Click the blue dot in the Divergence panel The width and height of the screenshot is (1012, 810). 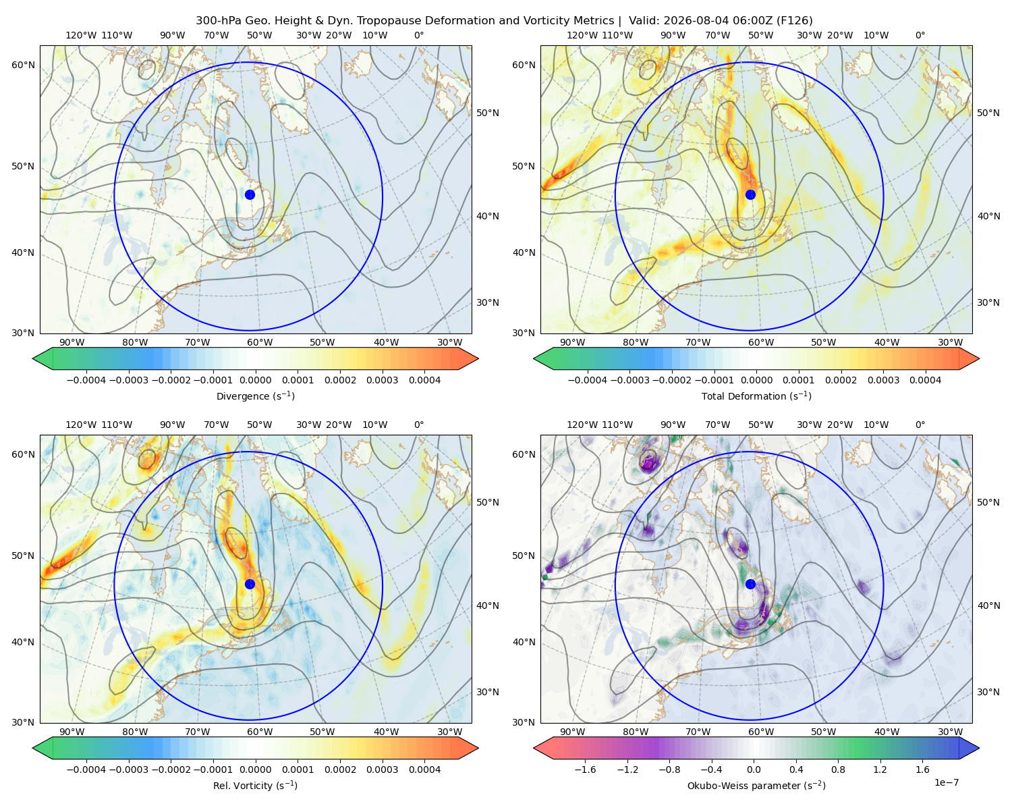coord(250,194)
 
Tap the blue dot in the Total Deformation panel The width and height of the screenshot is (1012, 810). coord(750,194)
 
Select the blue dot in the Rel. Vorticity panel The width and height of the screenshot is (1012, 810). coord(250,584)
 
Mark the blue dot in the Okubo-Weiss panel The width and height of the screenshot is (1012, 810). coord(750,584)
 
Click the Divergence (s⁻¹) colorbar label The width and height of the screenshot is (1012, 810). coord(255,396)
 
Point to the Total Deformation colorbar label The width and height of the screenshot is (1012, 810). coord(756,396)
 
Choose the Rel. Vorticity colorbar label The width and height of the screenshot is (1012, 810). coord(255,786)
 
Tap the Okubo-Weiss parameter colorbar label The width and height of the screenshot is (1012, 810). coord(756,786)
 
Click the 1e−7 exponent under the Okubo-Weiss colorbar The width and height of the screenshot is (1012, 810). coord(946,782)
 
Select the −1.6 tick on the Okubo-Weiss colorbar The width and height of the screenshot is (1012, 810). coord(586,769)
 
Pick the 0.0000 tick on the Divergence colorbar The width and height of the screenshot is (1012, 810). coord(255,380)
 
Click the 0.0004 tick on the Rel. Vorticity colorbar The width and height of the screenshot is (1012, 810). coord(424,769)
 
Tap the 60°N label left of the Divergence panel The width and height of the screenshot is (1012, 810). coord(23,65)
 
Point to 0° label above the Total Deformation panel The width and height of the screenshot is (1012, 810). coord(920,35)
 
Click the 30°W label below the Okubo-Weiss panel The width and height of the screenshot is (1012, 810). coord(951,732)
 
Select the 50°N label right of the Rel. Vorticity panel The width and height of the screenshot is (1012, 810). coord(488,502)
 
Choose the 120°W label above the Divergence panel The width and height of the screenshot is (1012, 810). coord(81,35)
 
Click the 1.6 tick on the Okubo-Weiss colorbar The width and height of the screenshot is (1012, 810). coord(922,769)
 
